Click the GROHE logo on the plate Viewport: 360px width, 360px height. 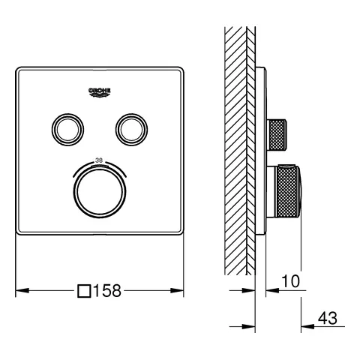coord(99,91)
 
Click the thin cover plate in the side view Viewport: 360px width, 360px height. coord(261,150)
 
